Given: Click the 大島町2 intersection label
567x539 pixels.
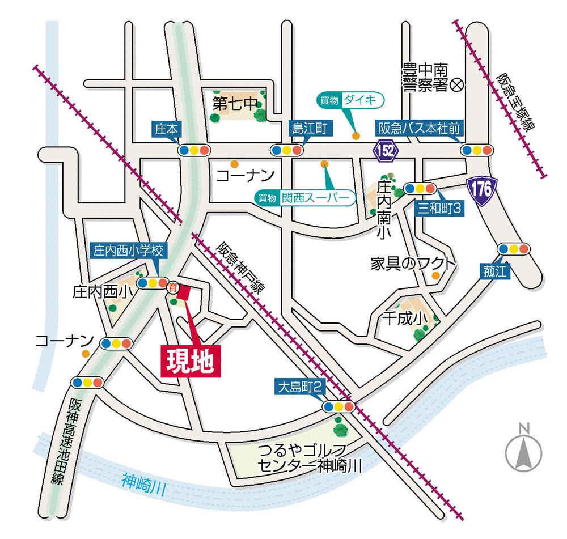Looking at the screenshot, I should (x=300, y=387).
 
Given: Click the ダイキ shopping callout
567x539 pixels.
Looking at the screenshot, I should (x=351, y=100).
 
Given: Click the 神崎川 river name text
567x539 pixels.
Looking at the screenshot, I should (x=143, y=485).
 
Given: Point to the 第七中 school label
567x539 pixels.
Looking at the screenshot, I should (x=235, y=103).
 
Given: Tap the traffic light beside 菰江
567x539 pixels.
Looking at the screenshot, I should (x=513, y=248).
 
